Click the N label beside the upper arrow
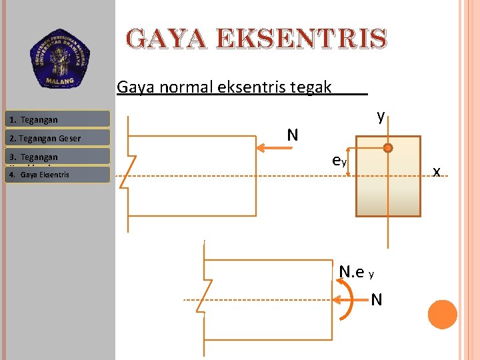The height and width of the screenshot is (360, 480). [292, 135]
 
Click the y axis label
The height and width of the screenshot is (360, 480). [380, 117]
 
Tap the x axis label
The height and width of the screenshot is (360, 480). [437, 171]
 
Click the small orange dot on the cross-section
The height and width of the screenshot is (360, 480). [388, 149]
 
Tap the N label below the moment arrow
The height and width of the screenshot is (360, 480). [376, 300]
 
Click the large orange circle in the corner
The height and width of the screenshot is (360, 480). [443, 314]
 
